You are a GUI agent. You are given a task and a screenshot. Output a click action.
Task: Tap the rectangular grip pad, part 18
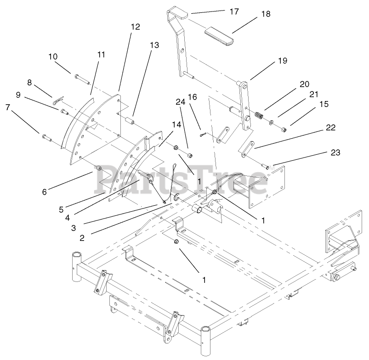pyautogui.click(x=219, y=35)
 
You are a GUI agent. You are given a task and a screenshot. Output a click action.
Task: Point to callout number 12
pyautogui.click(x=135, y=27)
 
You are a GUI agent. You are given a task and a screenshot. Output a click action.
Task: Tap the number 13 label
pyautogui.click(x=154, y=45)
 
